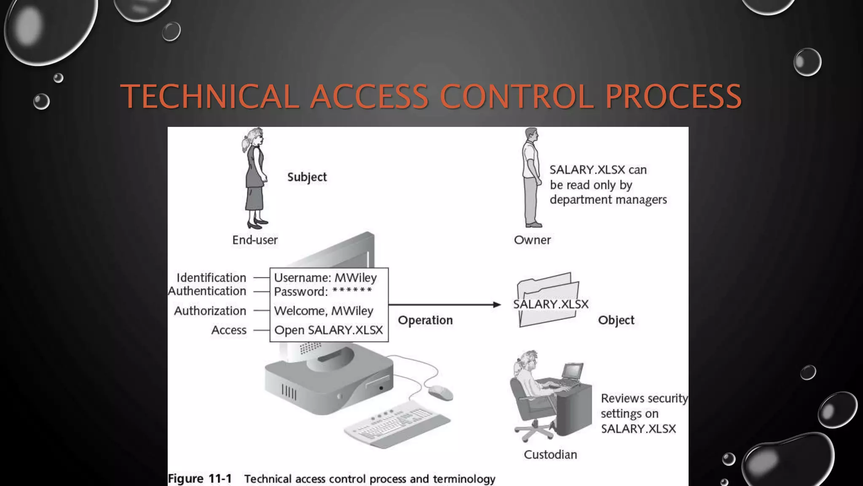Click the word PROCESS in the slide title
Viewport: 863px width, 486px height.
click(x=673, y=97)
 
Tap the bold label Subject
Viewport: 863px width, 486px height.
click(x=307, y=177)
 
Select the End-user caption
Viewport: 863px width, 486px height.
click(x=255, y=240)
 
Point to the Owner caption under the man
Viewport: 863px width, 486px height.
click(x=532, y=240)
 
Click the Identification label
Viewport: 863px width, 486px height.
click(x=211, y=278)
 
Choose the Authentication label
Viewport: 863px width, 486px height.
click(x=207, y=291)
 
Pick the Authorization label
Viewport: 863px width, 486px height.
click(x=210, y=311)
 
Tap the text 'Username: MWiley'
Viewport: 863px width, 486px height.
click(x=325, y=278)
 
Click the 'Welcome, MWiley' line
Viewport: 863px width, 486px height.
click(x=324, y=311)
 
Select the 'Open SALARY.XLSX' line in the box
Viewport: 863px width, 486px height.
click(x=328, y=330)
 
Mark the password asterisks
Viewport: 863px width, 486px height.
click(x=352, y=291)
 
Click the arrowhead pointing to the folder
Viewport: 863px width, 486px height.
click(x=497, y=305)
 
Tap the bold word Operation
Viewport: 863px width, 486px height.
click(x=425, y=320)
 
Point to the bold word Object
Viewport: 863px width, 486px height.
click(x=616, y=320)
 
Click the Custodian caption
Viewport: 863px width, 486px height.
click(x=550, y=454)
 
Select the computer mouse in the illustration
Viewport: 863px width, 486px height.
click(x=440, y=393)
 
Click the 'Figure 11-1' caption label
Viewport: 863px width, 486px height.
click(x=200, y=479)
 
